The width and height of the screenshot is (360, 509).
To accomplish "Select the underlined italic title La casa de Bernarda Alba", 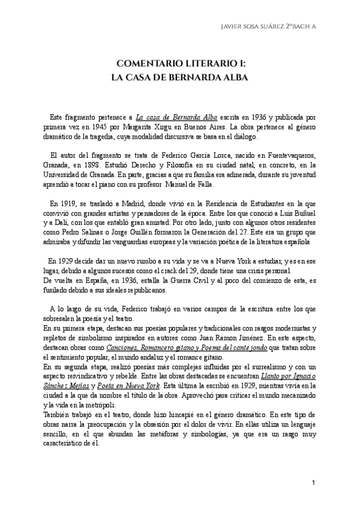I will [166, 118].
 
